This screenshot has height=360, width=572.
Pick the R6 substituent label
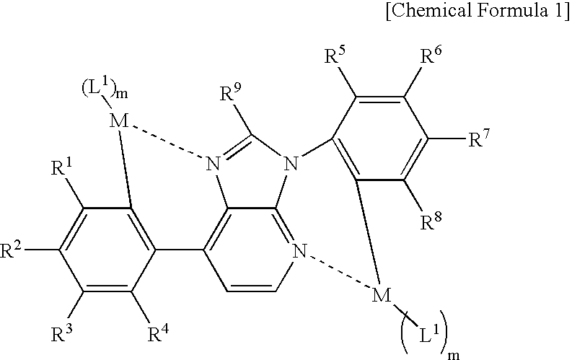431,56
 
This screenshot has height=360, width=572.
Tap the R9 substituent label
231,93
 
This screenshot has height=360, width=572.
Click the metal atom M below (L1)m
119,120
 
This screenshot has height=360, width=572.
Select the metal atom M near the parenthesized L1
382,295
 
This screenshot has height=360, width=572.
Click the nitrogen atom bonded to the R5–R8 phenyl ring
291,164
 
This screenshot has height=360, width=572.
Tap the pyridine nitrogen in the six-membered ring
300,251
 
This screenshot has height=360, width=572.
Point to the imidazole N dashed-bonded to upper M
214,164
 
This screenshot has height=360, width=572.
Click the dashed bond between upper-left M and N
167,142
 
